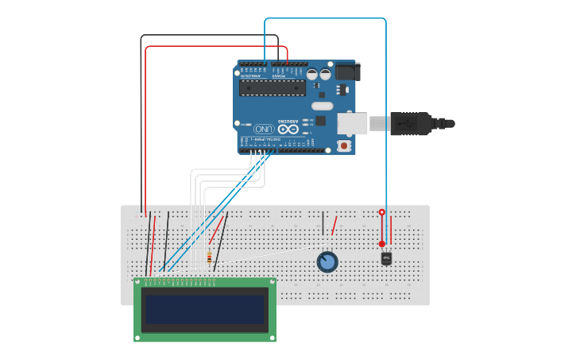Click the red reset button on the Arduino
[343, 145]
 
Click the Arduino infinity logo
[288, 129]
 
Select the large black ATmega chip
[273, 87]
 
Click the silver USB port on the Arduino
[353, 123]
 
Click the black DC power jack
[347, 72]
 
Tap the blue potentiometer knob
[327, 261]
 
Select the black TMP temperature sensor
[386, 258]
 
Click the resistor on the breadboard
[209, 257]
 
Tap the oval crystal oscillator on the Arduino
[322, 106]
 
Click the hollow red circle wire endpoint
[381, 213]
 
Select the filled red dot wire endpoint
[381, 244]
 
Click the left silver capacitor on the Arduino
[311, 74]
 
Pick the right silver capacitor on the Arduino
[325, 74]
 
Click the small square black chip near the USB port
[321, 121]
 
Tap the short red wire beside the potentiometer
[334, 226]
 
